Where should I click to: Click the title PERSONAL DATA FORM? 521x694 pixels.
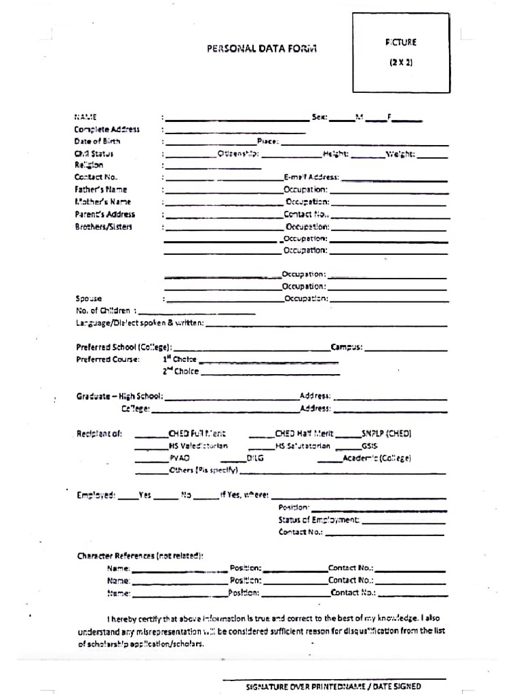coord(261,49)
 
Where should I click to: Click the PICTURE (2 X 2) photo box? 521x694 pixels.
coord(401,53)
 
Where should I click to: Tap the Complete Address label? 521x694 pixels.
coord(107,129)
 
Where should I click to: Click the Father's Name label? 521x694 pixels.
coord(100,190)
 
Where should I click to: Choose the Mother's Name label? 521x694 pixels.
coord(102,202)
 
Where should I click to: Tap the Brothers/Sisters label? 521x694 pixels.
coord(103,226)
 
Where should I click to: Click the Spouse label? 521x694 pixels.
coord(88,298)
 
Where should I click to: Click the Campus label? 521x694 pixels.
coord(346,347)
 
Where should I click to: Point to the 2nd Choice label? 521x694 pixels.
coord(180,371)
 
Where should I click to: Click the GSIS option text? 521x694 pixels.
coord(370,446)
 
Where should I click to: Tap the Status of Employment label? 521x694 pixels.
coord(319,520)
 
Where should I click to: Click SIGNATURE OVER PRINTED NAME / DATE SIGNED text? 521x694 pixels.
coord(333,687)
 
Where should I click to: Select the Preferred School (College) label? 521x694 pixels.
coord(123,347)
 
